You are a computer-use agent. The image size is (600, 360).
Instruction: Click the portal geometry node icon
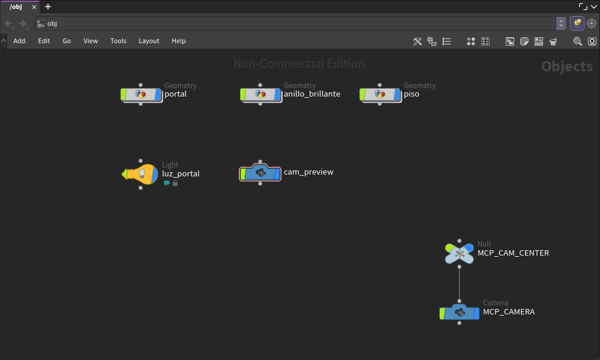pos(141,94)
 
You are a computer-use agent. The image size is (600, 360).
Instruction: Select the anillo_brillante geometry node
pos(260,94)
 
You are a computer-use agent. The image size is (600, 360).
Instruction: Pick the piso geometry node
pos(380,94)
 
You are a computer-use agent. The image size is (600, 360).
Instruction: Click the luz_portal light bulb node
pos(140,174)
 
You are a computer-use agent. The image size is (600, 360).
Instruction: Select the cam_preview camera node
pos(260,173)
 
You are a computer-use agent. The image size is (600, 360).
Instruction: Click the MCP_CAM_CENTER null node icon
pos(459,253)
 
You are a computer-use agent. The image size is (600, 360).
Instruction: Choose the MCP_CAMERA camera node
pos(459,313)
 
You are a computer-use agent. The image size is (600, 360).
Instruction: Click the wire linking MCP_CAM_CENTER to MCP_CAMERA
pos(459,284)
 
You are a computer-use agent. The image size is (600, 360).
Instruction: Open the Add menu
pos(19,41)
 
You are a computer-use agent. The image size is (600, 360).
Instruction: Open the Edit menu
pos(44,41)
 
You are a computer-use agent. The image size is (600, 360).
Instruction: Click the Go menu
pos(67,41)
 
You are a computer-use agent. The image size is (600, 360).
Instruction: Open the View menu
pos(91,41)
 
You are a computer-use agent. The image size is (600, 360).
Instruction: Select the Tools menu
pos(118,41)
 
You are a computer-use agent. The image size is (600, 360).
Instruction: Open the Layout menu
pos(149,41)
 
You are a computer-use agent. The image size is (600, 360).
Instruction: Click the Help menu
pos(178,41)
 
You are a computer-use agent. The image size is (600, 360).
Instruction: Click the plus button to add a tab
pos(48,7)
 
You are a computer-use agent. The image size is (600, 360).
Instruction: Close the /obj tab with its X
pos(34,7)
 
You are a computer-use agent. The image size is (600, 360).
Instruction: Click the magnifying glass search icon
pos(577,41)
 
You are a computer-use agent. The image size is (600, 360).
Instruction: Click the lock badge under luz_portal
pos(175,183)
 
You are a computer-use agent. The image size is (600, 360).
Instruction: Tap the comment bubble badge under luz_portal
pos(167,183)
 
